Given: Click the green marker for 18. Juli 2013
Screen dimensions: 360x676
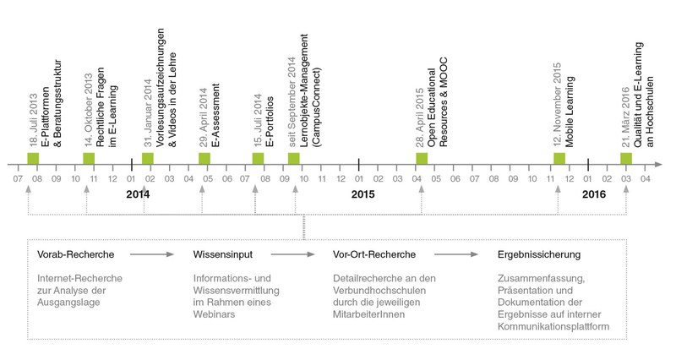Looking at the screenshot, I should point(34,158).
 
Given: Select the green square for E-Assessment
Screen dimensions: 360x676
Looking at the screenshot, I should point(204,158).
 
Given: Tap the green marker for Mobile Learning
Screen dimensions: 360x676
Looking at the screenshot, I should point(559,158).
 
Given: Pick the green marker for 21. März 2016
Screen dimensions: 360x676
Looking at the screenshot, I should point(626,158).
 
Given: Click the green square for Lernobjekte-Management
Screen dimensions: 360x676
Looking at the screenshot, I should point(294,158).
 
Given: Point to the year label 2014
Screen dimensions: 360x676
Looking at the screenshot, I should point(137,194).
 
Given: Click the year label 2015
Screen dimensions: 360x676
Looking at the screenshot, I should point(363,194).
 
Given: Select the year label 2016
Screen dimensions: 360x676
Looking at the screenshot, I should point(594,194).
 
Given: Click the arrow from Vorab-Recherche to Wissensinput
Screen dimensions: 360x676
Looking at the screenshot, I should point(152,253).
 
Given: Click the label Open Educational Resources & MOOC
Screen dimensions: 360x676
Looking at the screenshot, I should point(436,110).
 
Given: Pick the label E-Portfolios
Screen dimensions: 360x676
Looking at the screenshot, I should point(269,123).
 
